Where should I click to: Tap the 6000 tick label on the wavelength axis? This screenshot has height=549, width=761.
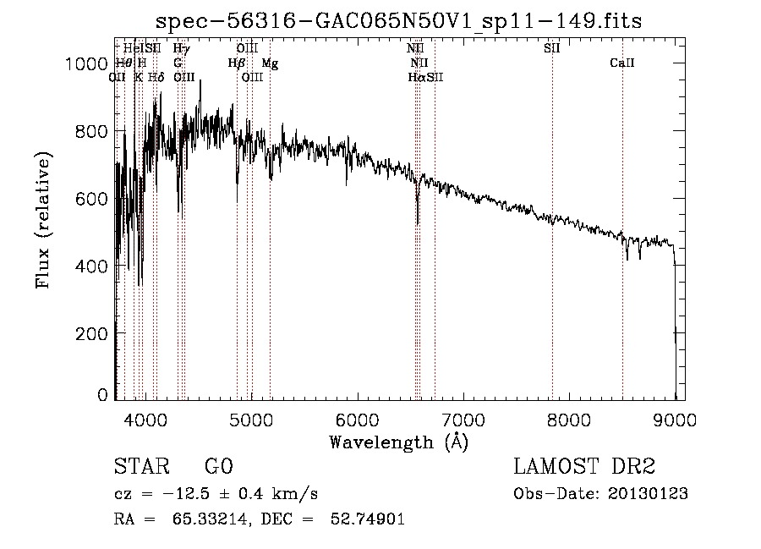pos(357,419)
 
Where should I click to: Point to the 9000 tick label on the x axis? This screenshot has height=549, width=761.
pos(675,419)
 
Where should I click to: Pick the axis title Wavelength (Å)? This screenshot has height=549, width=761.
pos(398,442)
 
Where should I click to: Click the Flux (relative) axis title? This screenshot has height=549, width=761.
pos(44,221)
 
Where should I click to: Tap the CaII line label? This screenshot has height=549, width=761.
pos(622,63)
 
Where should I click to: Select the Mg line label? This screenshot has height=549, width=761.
pos(270,63)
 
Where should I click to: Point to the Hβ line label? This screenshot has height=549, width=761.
pos(236,63)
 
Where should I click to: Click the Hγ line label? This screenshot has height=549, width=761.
pos(181,49)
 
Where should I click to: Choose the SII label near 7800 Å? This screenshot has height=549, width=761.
pos(551,49)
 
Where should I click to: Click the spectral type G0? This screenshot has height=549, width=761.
pos(218,467)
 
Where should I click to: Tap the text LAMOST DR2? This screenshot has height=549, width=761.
pos(584,467)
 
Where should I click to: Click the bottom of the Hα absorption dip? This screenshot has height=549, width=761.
pos(418,223)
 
